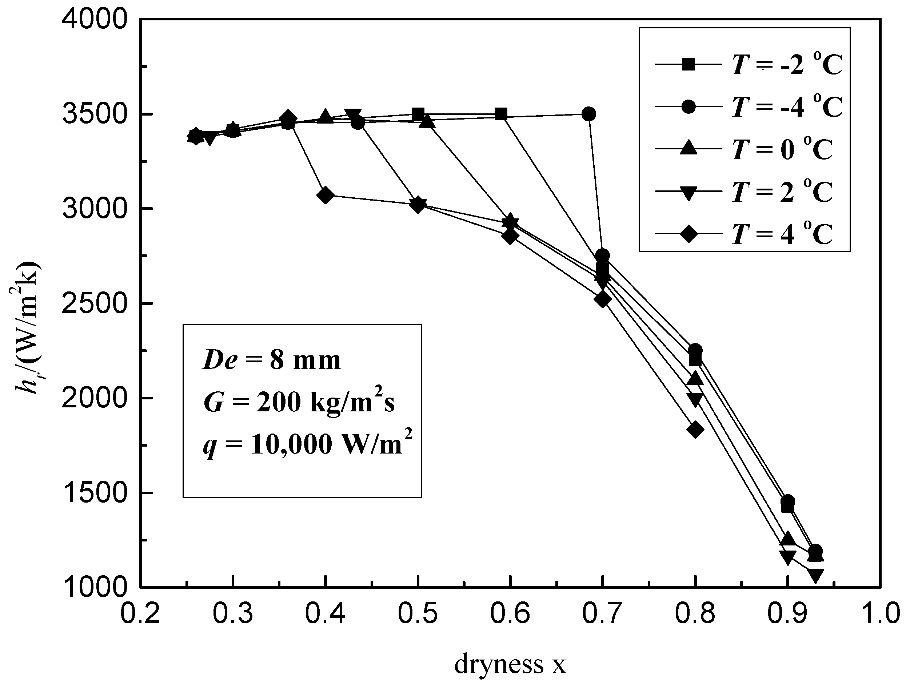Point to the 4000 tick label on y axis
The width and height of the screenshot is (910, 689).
coord(94,19)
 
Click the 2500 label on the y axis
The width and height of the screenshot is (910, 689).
coord(94,304)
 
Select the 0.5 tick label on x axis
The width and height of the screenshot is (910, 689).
coord(418,614)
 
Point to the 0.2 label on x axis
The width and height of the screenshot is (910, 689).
coord(140,614)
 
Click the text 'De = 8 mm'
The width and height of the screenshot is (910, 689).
coord(272,360)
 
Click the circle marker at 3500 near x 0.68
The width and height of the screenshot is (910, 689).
coord(589,114)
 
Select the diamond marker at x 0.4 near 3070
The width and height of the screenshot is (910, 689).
coord(326,195)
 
